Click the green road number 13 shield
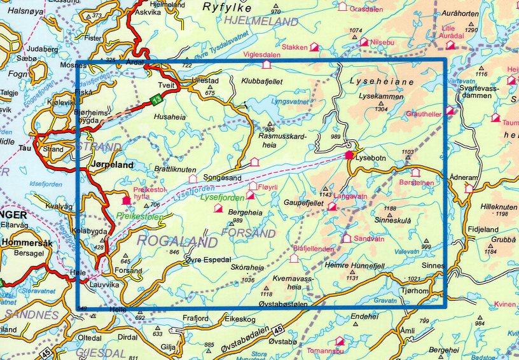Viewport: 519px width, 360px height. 157,99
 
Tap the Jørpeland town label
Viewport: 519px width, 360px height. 113,164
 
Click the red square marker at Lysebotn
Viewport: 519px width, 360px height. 349,155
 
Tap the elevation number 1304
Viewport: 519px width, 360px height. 382,109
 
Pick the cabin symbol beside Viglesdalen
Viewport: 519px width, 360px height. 266,64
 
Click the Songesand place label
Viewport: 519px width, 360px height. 221,179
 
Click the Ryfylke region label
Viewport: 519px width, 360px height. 228,7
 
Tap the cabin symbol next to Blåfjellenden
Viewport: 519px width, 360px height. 293,259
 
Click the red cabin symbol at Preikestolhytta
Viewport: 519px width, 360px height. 125,200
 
